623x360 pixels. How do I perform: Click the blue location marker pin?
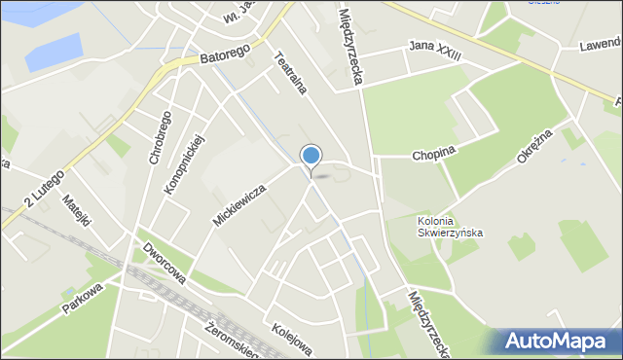[311, 157]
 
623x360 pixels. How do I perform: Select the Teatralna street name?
[290, 73]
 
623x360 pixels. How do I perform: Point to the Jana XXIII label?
[434, 52]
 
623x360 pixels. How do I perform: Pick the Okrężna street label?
[535, 147]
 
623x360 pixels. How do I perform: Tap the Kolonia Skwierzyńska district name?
[449, 227]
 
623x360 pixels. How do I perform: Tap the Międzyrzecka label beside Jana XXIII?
[352, 46]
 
